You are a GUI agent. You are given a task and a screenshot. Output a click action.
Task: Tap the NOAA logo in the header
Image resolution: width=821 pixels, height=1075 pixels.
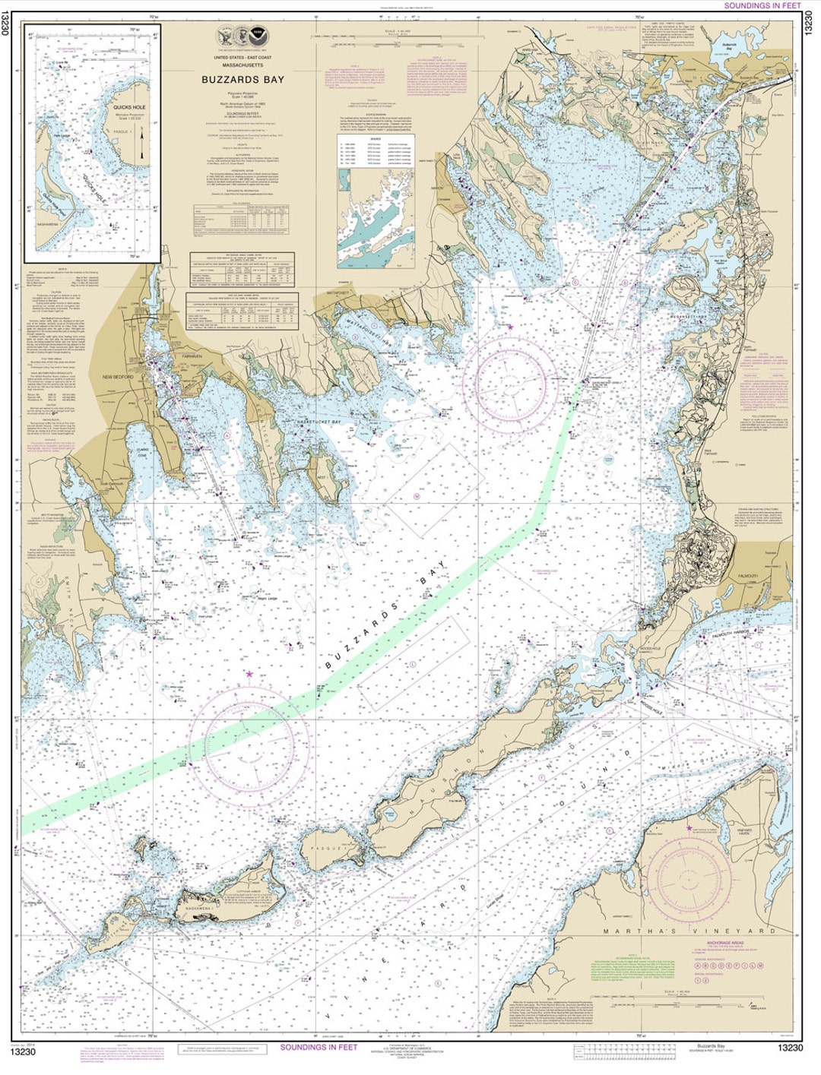point(260,34)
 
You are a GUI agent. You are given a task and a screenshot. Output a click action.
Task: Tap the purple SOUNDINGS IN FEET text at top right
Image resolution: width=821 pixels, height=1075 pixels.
point(761,5)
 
